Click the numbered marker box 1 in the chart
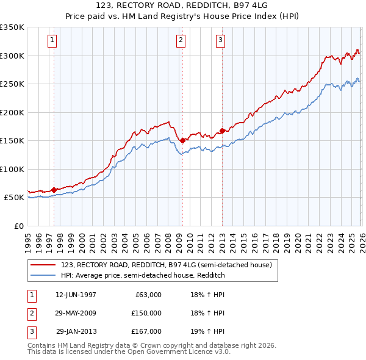point(52,41)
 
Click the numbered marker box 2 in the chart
point(182,41)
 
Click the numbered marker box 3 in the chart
point(220,41)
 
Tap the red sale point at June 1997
point(54,190)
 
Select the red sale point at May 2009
point(182,140)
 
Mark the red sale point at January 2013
point(222,131)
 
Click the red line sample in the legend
point(44,264)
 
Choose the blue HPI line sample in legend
point(44,275)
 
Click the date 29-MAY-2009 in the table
point(76,312)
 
